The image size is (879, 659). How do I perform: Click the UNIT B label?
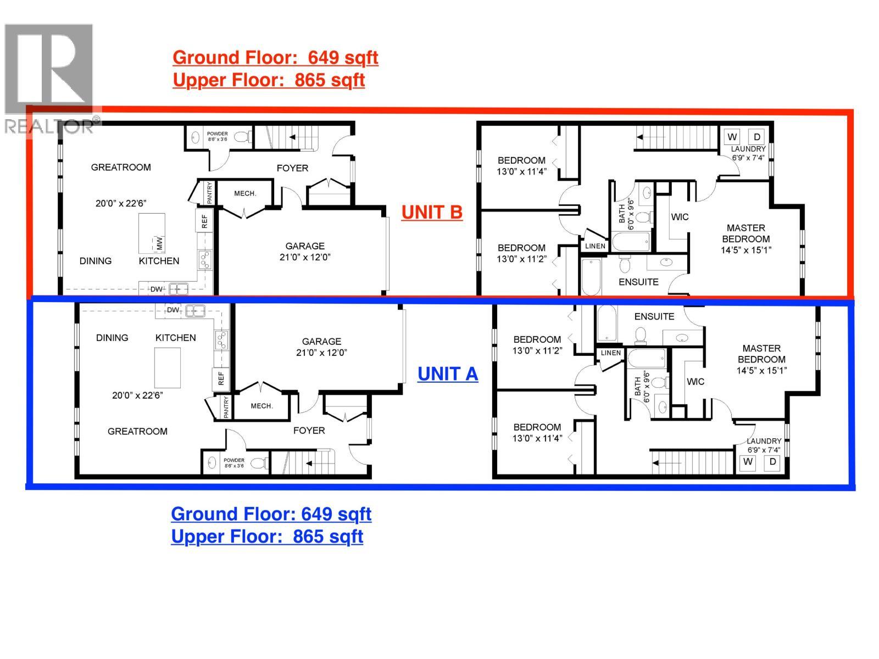[x=432, y=212]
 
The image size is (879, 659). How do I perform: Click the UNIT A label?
[x=448, y=374]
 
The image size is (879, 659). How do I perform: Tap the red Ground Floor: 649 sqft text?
[x=275, y=58]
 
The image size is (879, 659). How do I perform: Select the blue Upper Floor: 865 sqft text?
[x=267, y=536]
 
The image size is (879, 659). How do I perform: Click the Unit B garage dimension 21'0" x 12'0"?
[x=305, y=257]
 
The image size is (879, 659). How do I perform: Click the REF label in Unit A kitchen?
[x=221, y=378]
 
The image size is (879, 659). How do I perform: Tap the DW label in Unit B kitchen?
[x=156, y=289]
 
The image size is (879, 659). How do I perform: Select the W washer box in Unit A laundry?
[x=748, y=462]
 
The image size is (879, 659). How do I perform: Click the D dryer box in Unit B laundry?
[x=756, y=137]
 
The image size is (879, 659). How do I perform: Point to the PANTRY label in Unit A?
[x=226, y=407]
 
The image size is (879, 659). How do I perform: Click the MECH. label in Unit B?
[x=245, y=193]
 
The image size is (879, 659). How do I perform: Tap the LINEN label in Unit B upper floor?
[x=595, y=246]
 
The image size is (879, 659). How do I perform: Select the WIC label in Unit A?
[x=696, y=382]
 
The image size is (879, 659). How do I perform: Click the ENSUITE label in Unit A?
[x=654, y=316]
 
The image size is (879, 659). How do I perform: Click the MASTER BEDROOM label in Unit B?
[x=746, y=233]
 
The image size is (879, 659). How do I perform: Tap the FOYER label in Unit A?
[x=309, y=431]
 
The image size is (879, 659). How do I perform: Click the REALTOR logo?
[x=49, y=77]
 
